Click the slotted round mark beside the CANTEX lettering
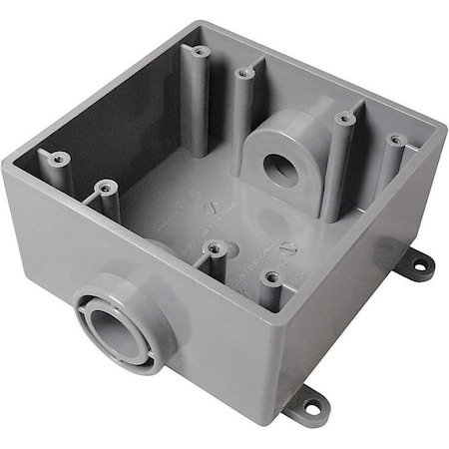211,207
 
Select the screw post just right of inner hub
344,119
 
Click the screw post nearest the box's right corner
395,141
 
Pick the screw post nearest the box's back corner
201,51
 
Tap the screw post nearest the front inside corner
269,277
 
